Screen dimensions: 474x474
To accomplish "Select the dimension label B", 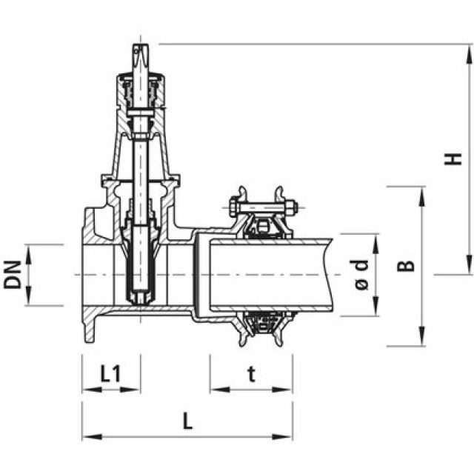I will click(x=406, y=265).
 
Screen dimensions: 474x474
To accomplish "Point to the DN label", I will click(x=13, y=275).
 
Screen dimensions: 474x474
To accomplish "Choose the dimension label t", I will click(x=251, y=375).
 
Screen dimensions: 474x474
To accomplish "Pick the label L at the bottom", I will click(x=187, y=422).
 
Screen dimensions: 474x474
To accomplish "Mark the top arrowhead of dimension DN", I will click(x=29, y=250).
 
